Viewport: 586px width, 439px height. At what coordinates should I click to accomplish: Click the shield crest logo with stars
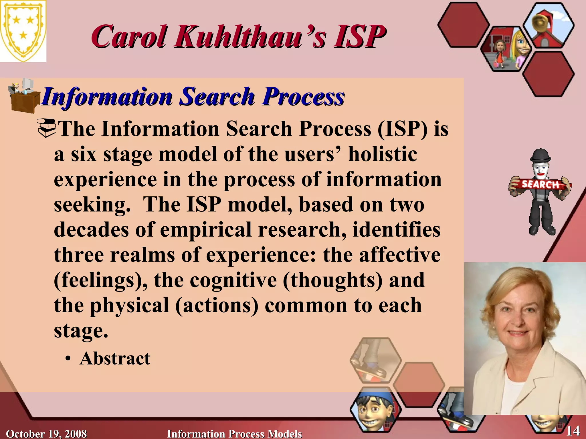(x=23, y=31)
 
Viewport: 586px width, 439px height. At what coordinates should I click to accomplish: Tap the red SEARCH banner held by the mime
(x=540, y=185)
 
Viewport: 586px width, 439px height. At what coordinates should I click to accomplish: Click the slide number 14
(x=573, y=430)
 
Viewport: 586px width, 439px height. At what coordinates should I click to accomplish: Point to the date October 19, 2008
(x=46, y=434)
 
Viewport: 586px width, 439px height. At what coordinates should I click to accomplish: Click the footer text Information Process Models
(x=234, y=434)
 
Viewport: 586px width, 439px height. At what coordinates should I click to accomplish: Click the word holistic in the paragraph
(x=382, y=154)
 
